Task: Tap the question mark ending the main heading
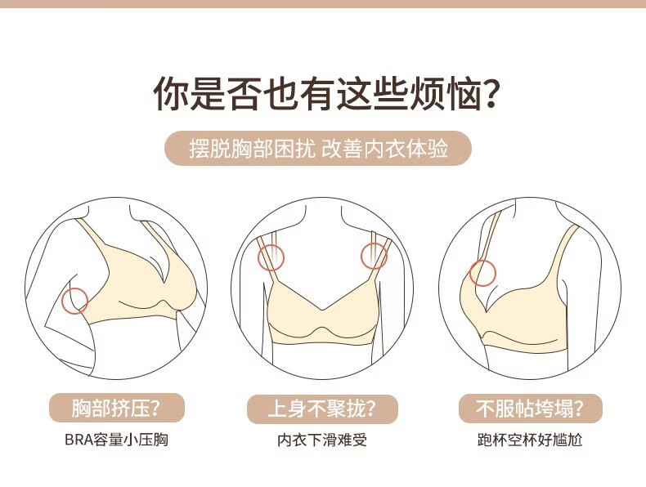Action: (490, 94)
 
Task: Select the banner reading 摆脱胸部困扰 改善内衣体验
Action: (318, 148)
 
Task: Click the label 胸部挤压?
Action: (117, 408)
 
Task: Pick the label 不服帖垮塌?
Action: (530, 409)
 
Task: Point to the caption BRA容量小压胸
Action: (116, 440)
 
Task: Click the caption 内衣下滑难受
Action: (322, 440)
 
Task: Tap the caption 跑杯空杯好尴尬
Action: (530, 440)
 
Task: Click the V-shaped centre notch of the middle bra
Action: (322, 309)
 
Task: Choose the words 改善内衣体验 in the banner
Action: (385, 149)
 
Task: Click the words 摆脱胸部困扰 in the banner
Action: (252, 149)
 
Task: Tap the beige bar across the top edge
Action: (323, 4)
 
